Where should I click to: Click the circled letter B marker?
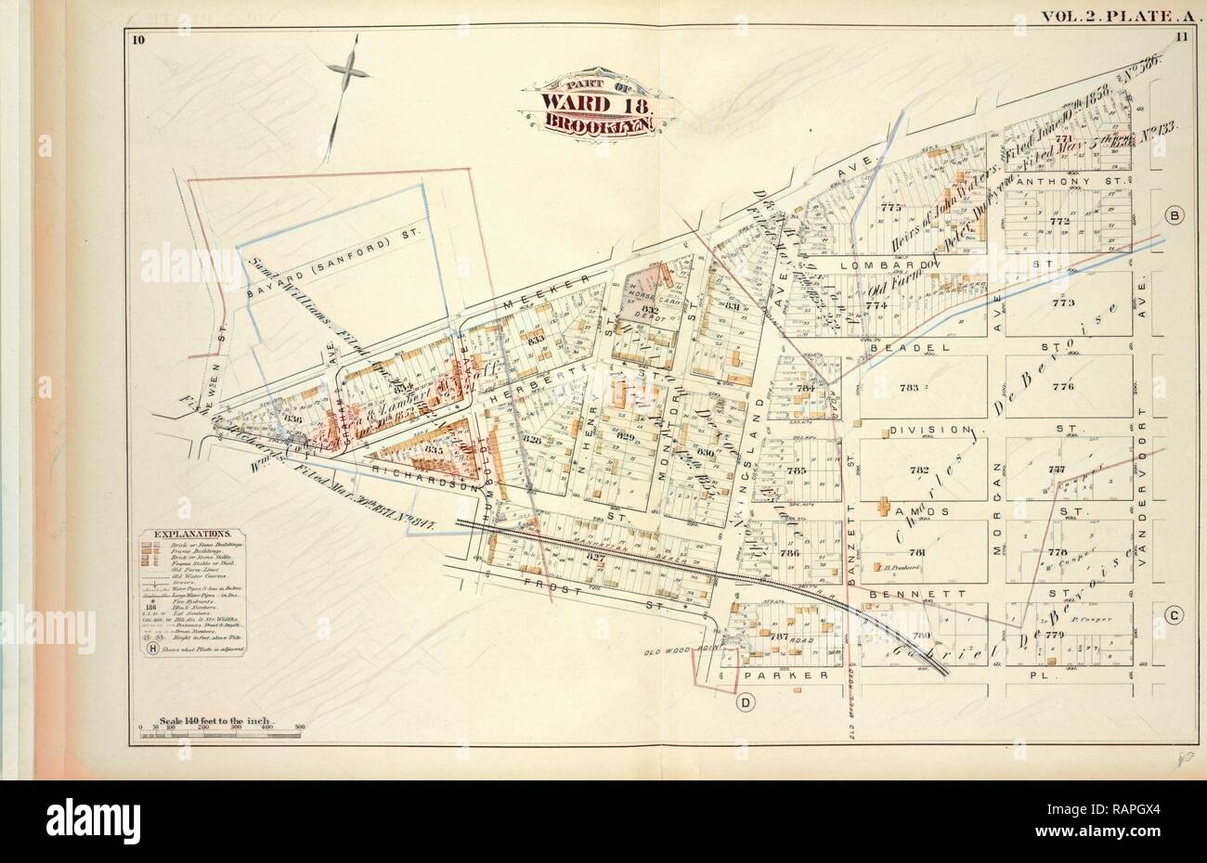coord(1174,216)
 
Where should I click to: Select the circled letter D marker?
coord(745,702)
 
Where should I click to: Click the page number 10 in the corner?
coord(138,38)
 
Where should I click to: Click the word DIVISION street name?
coord(922,431)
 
